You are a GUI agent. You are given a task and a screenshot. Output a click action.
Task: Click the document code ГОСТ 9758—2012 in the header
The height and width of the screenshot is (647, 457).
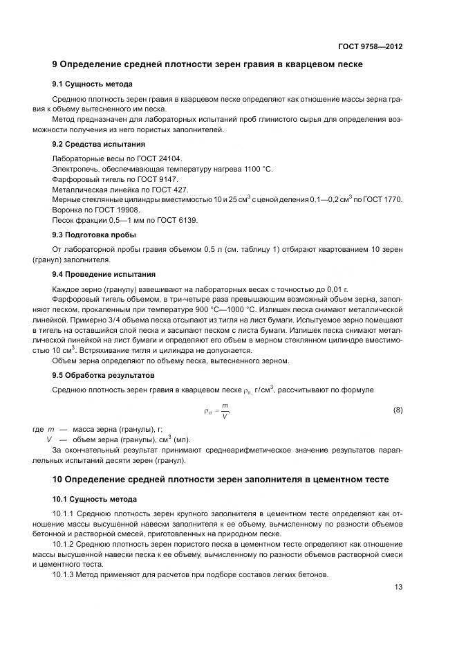point(370,46)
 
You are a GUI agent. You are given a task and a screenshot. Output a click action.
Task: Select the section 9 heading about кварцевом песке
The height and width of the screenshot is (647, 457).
point(207,65)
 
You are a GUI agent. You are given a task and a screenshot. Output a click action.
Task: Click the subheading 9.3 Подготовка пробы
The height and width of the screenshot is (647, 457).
point(95,235)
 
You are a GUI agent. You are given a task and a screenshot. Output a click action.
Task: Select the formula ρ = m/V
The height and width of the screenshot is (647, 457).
point(218,410)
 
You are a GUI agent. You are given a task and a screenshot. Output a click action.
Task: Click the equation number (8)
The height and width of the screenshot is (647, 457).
point(398,410)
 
